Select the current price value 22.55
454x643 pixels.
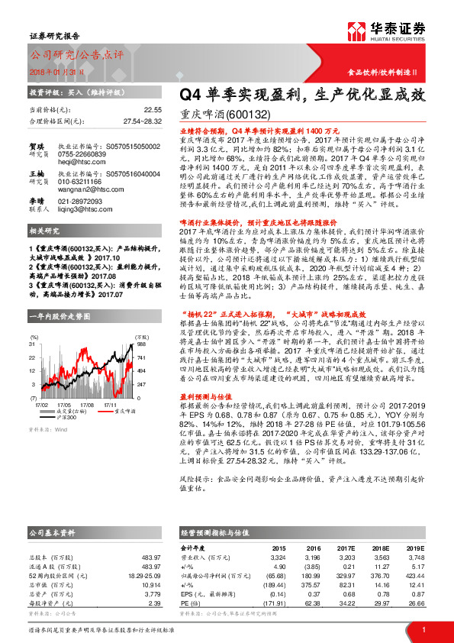tap(153, 110)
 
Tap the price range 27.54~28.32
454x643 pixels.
tap(143, 121)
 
